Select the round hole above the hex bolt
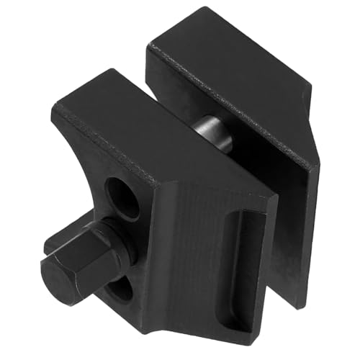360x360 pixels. pos(123,195)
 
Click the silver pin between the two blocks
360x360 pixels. pos(213,132)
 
